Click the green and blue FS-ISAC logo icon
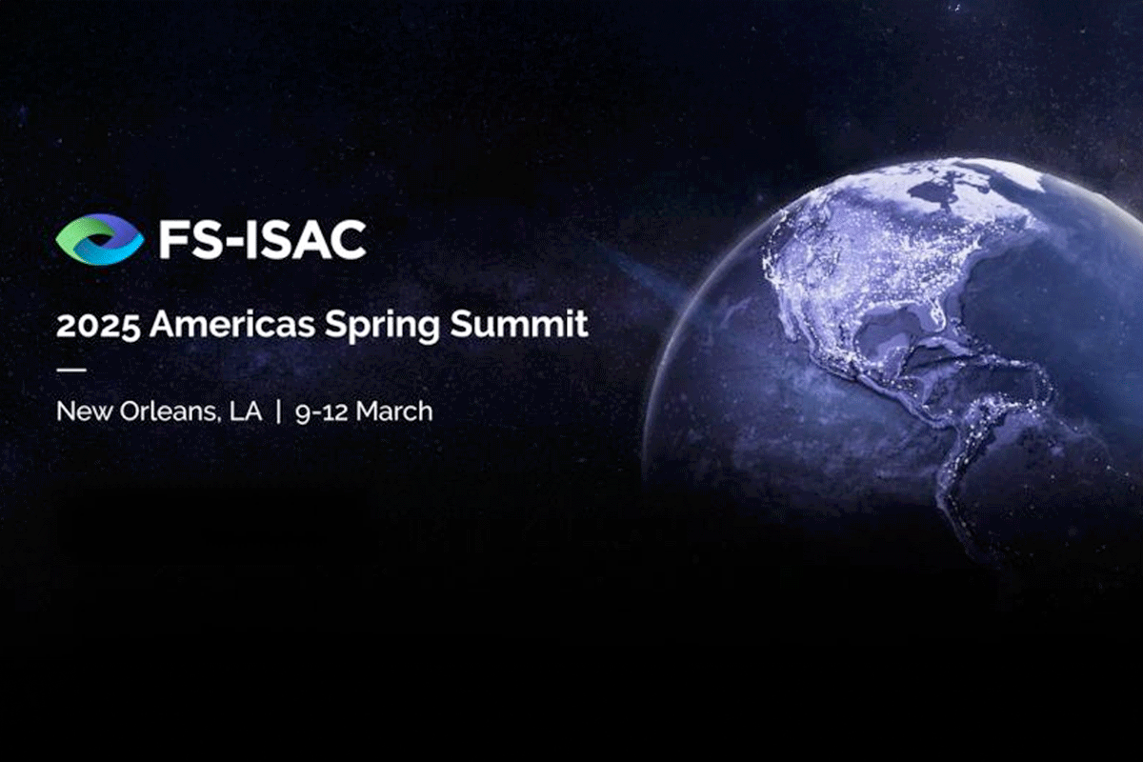(99, 238)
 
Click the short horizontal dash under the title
(70, 369)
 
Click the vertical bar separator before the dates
(278, 411)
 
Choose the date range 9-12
(322, 411)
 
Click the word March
(394, 411)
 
